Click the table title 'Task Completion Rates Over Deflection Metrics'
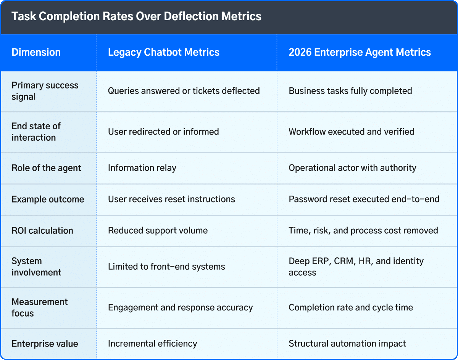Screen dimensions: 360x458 [136, 17]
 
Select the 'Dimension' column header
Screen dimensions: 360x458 [36, 52]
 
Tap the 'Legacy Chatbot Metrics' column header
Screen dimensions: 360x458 [164, 52]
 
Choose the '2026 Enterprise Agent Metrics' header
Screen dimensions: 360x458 [360, 52]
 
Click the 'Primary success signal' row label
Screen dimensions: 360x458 [45, 91]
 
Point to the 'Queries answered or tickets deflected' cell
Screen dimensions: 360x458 [184, 91]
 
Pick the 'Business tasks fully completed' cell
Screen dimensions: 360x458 [350, 91]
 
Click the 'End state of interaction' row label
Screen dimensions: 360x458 [36, 132]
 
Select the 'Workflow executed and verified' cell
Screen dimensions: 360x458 [351, 132]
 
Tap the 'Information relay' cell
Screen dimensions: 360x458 [142, 168]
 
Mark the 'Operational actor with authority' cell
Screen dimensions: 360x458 [352, 168]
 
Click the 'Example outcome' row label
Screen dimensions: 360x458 [48, 199]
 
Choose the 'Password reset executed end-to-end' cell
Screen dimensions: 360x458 [364, 199]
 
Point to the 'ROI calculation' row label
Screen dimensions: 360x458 [42, 231]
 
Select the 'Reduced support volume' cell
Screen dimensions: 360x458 [158, 231]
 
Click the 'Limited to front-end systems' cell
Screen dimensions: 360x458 [166, 267]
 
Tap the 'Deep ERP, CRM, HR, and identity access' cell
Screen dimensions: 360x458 [356, 267]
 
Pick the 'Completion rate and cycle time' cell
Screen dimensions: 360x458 [350, 307]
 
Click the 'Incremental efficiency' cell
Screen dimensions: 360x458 [152, 344]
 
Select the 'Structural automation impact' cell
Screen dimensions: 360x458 [347, 344]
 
